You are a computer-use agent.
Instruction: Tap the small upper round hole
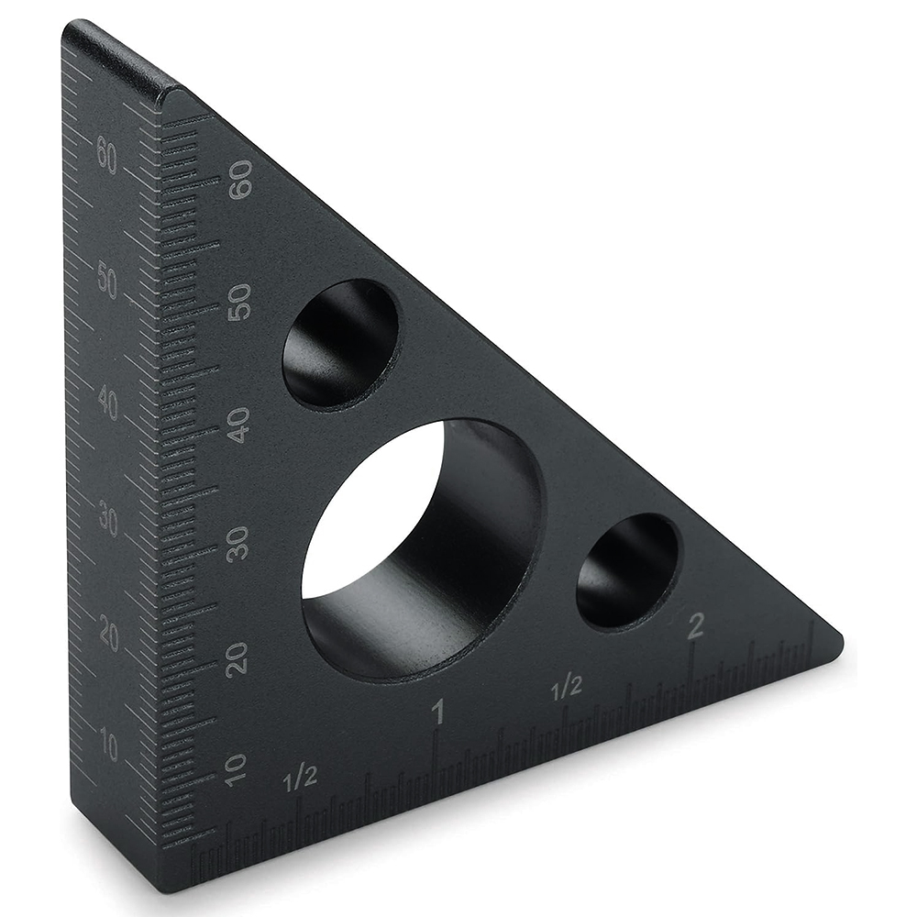pyautogui.click(x=340, y=344)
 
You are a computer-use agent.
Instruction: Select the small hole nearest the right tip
pyautogui.click(x=627, y=570)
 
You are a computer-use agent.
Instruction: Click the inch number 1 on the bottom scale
pyautogui.click(x=438, y=712)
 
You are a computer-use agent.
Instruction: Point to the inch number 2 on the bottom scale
pyautogui.click(x=695, y=627)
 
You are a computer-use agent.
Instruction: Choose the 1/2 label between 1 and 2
pyautogui.click(x=567, y=685)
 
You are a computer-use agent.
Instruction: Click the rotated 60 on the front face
pyautogui.click(x=240, y=180)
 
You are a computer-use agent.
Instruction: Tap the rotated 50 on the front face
pyautogui.click(x=240, y=302)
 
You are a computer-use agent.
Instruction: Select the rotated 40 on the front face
pyautogui.click(x=239, y=425)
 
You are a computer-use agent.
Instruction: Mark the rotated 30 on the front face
pyautogui.click(x=238, y=543)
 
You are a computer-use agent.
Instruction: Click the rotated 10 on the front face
pyautogui.click(x=236, y=770)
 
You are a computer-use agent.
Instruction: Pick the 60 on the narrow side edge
pyautogui.click(x=106, y=158)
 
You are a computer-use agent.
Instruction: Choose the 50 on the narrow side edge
pyautogui.click(x=107, y=282)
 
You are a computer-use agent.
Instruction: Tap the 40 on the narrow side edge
pyautogui.click(x=108, y=403)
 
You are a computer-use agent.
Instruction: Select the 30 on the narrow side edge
pyautogui.click(x=108, y=521)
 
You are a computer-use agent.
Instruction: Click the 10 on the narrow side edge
pyautogui.click(x=109, y=747)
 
